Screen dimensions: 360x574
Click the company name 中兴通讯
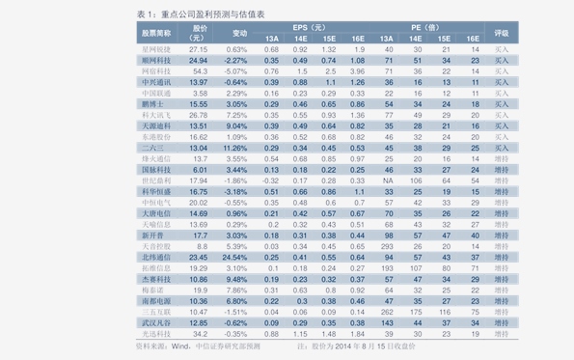point(156,82)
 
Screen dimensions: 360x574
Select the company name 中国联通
point(156,93)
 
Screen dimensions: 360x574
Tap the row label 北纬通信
point(156,258)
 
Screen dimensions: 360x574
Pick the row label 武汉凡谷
point(156,322)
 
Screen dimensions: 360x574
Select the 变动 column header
point(239,33)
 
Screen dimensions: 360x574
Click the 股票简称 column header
point(156,33)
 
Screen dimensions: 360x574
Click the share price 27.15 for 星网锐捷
point(199,48)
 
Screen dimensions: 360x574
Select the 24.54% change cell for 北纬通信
point(236,258)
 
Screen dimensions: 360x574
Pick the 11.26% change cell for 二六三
point(236,148)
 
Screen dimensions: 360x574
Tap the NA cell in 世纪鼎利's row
point(386,180)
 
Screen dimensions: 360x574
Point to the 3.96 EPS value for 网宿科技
point(358,70)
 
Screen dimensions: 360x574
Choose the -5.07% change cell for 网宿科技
point(236,70)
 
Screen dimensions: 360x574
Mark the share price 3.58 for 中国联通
point(199,93)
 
